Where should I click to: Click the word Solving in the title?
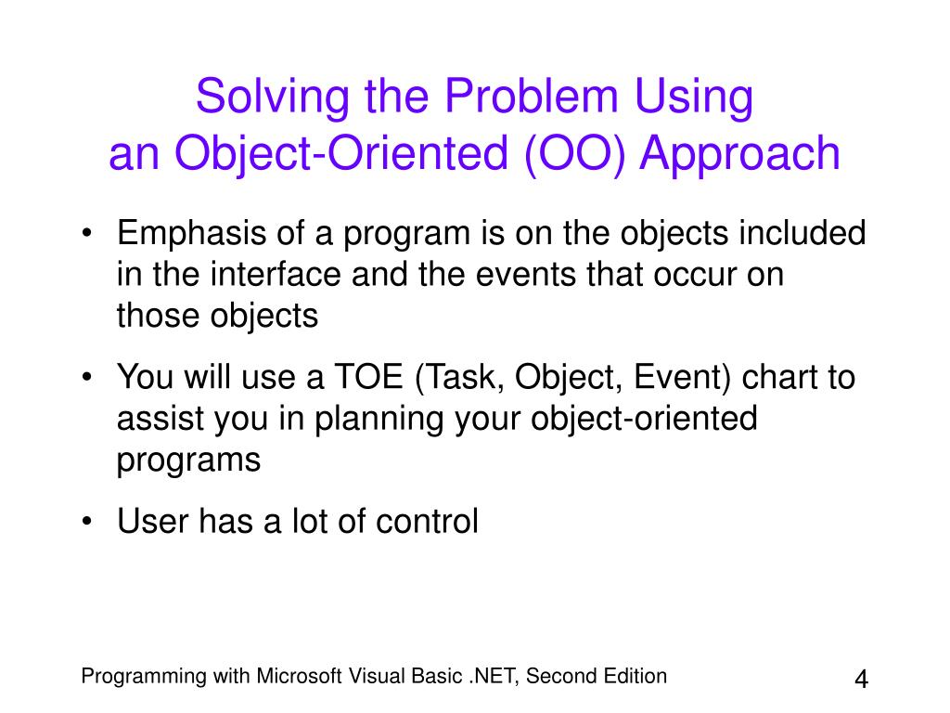pyautogui.click(x=273, y=97)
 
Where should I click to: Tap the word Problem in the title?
pyautogui.click(x=531, y=96)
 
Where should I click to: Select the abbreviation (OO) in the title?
pyautogui.click(x=574, y=154)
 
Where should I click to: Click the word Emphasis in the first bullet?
pyautogui.click(x=191, y=234)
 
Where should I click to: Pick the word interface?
pyautogui.click(x=276, y=274)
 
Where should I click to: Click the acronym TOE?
pyautogui.click(x=369, y=377)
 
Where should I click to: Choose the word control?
pyautogui.click(x=427, y=522)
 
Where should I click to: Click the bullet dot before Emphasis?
pyautogui.click(x=87, y=233)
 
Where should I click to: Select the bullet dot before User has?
pyautogui.click(x=87, y=521)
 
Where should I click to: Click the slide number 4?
pyautogui.click(x=861, y=679)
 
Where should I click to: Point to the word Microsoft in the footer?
pyautogui.click(x=299, y=676)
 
